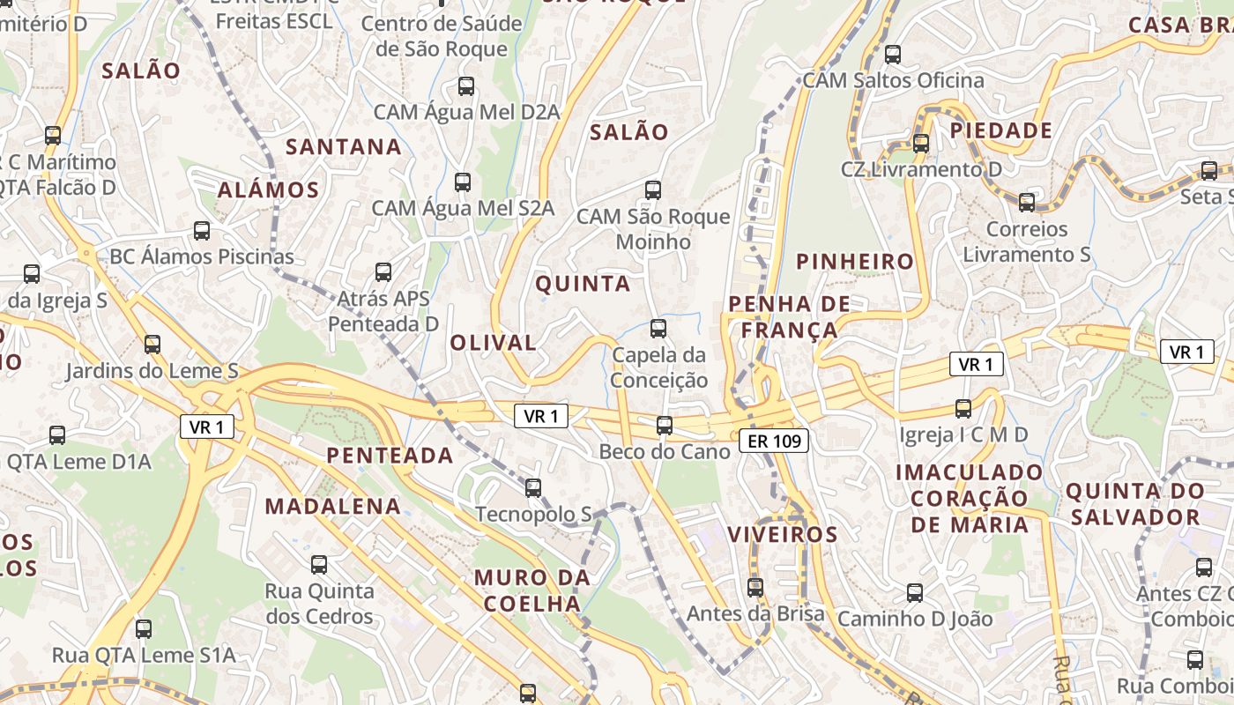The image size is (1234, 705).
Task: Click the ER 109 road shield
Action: point(774,441)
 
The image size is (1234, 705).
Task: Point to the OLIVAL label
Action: point(493,343)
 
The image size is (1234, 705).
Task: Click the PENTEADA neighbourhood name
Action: point(390,456)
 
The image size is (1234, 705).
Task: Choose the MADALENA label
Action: point(333,507)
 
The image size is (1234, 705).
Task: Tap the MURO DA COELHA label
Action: point(532,590)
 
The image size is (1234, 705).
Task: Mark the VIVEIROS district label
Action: point(782,534)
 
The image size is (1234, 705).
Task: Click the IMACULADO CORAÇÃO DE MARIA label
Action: point(969,499)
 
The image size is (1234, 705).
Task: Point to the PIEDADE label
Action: point(1000,131)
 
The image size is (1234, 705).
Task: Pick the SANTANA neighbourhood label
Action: point(344,146)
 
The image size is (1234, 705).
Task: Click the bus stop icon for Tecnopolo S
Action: point(533,487)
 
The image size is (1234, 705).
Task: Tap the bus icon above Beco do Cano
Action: point(665,426)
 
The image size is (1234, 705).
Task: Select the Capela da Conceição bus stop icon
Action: point(658,329)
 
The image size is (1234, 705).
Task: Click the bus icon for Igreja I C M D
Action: point(963,408)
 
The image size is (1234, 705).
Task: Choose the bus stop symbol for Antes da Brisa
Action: point(755,587)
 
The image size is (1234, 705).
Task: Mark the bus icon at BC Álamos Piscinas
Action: point(202,231)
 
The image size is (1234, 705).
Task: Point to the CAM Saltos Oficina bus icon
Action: point(893,55)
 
